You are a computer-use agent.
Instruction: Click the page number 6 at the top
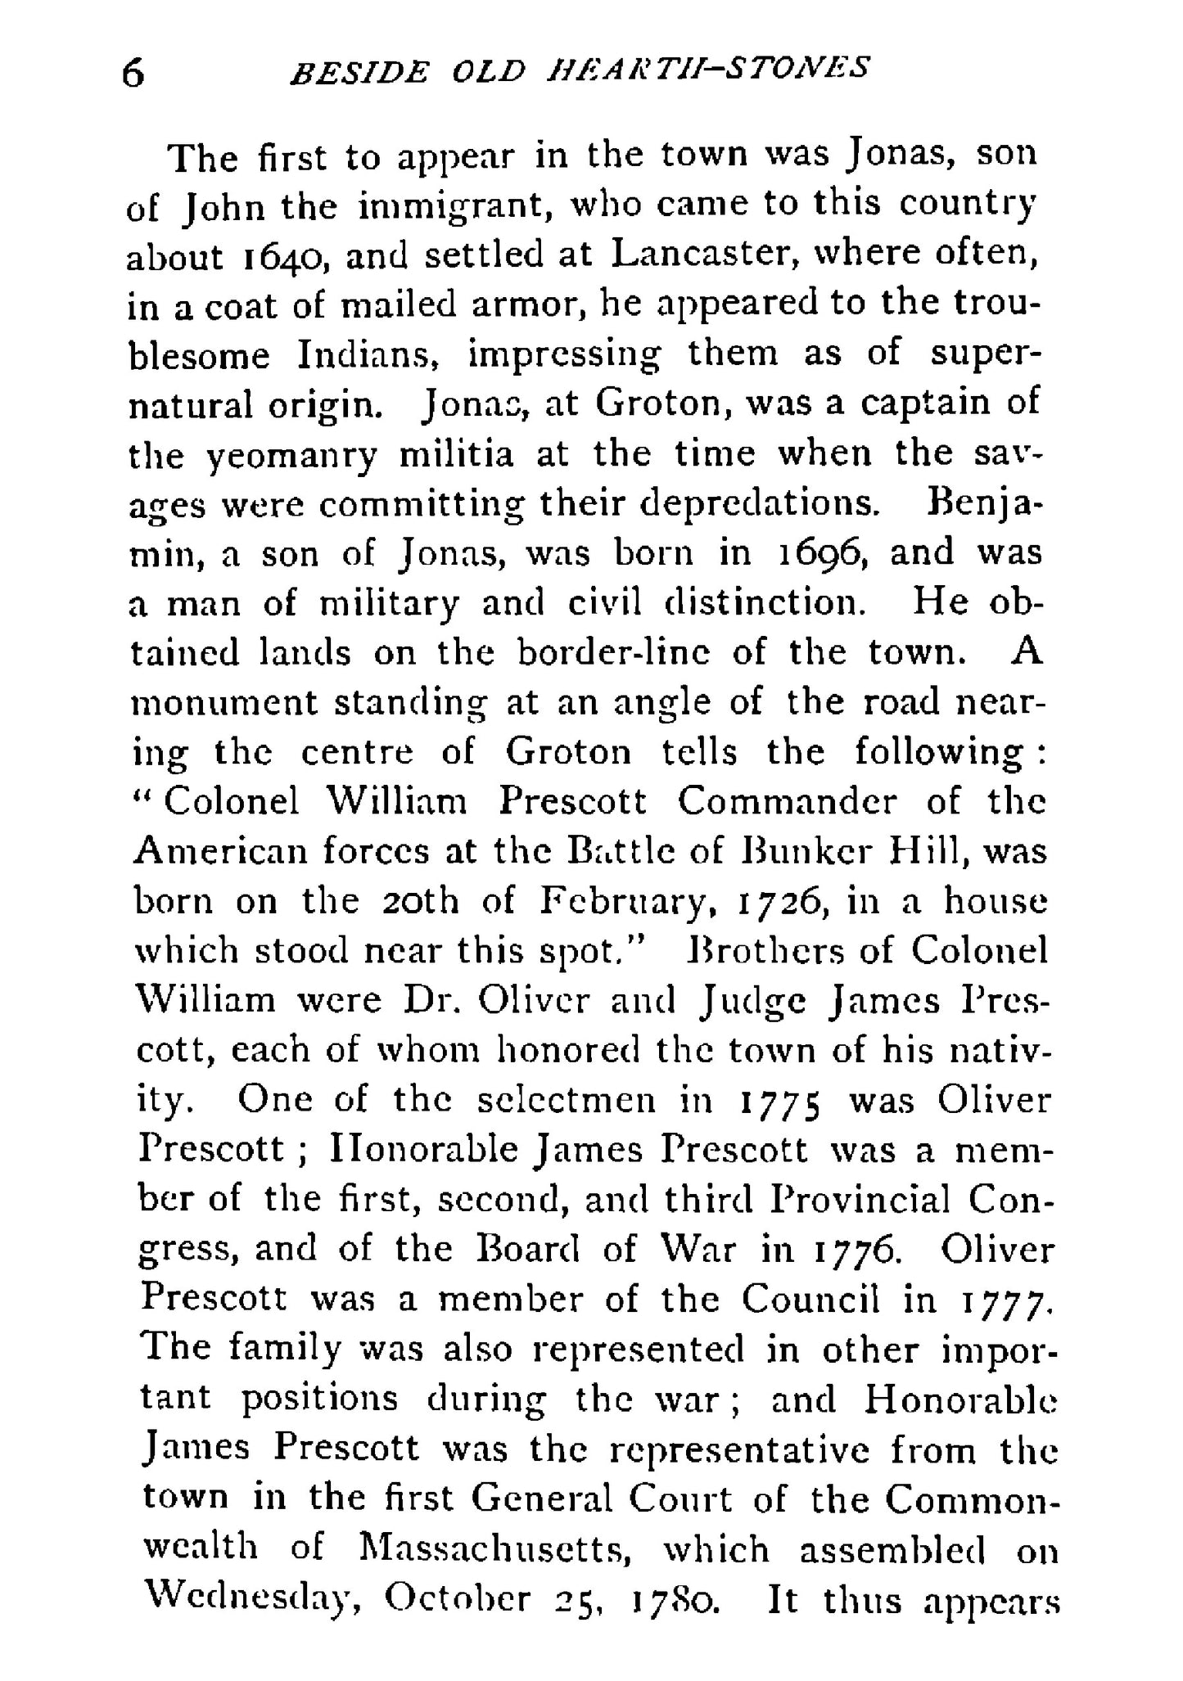[133, 74]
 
